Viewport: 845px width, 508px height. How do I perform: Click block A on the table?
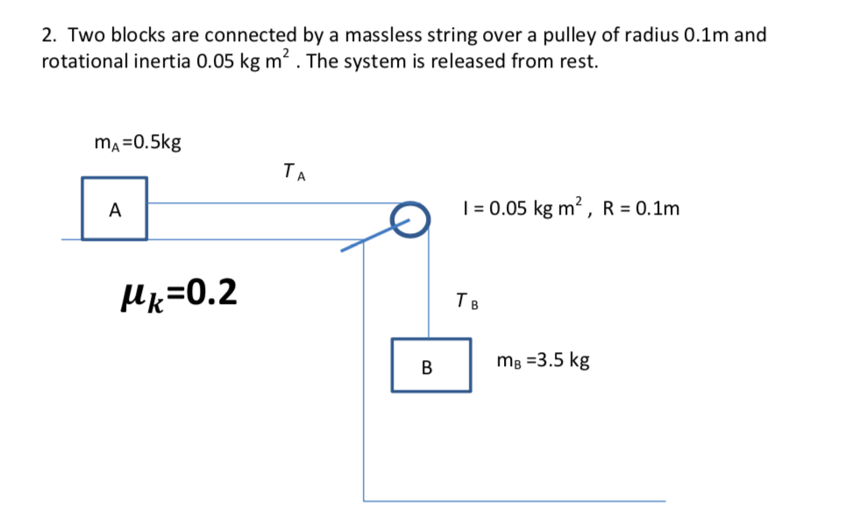[114, 208]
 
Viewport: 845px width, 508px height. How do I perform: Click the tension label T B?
[467, 303]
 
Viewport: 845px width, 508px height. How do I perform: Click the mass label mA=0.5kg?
[138, 143]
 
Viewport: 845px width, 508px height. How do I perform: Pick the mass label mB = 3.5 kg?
[543, 360]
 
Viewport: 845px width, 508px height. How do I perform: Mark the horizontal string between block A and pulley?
[272, 204]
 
